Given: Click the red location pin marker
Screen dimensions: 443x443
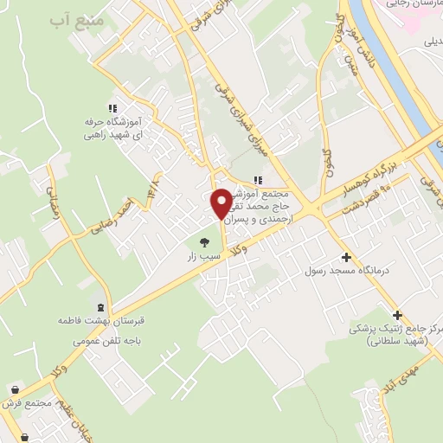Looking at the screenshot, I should coord(221,202).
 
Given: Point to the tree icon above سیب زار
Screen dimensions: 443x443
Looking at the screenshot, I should coord(204,243).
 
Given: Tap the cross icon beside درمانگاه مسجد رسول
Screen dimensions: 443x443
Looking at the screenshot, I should coord(346,257).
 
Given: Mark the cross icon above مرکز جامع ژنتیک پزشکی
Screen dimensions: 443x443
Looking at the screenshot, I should coord(397,315).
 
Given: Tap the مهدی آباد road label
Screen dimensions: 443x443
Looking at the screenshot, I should coord(402,375).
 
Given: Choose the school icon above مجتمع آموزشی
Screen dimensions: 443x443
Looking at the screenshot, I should coord(257,180).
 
